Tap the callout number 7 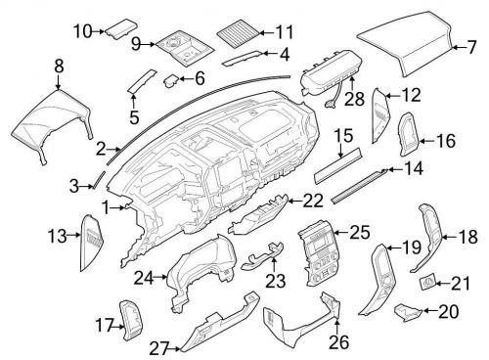click(x=471, y=46)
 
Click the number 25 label click(x=359, y=232)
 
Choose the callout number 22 click(x=312, y=201)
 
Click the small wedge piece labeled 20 click(x=406, y=313)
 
